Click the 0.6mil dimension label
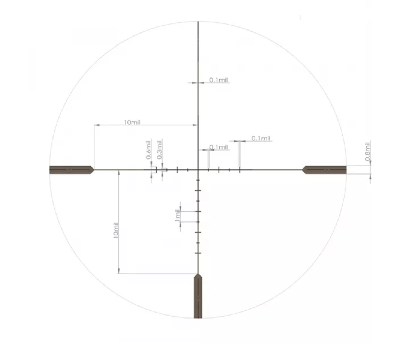point(149,150)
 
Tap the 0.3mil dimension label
point(160,150)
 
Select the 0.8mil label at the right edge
point(367,151)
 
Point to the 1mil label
point(177,215)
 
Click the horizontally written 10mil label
point(132,122)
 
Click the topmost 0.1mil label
point(218,80)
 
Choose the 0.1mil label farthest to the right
point(261,138)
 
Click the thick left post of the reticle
point(72,170)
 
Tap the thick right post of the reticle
point(324,170)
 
